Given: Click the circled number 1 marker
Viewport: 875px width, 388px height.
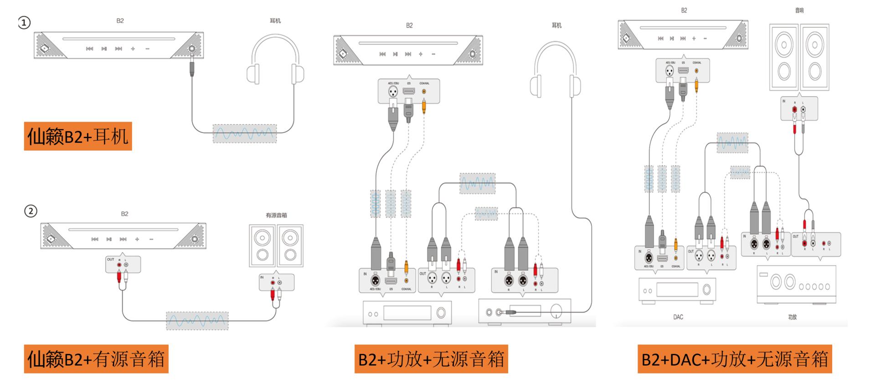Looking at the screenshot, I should point(24,22).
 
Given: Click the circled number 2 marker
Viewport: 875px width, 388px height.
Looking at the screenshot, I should point(31,211).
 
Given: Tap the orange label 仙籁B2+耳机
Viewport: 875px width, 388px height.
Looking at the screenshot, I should point(78,136).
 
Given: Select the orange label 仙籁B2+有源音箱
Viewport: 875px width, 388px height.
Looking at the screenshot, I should point(96,359).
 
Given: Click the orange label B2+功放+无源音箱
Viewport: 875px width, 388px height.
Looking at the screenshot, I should point(431,359).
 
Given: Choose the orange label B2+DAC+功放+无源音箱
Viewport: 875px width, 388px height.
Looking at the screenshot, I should point(735,359).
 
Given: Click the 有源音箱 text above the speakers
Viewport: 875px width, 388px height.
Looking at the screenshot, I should point(276,215).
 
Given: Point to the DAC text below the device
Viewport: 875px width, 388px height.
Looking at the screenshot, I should point(678,317).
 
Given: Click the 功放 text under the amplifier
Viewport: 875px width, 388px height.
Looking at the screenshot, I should point(793,317).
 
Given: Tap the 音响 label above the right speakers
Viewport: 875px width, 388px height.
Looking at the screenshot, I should point(799,10).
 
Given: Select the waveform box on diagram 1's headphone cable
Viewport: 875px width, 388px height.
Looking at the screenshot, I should point(244,133).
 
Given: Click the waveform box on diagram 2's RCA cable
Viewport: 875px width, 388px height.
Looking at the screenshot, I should point(197,321).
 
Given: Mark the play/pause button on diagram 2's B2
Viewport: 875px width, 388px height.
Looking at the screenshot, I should point(109,239).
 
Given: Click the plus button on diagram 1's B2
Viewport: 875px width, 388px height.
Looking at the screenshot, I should point(133,48).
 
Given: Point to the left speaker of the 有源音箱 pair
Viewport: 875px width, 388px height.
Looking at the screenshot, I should point(262,245).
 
